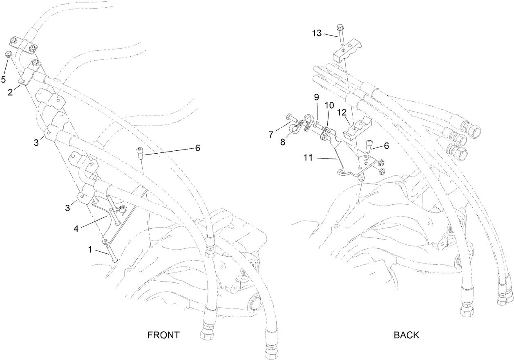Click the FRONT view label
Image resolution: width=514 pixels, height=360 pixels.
coord(163,335)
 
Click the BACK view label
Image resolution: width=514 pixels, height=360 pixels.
coord(406,335)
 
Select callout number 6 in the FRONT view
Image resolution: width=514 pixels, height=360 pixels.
coord(197,148)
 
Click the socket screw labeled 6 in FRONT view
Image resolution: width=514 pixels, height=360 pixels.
coord(140,153)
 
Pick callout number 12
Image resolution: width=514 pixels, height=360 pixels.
coord(342,112)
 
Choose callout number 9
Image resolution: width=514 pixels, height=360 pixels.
coord(316,97)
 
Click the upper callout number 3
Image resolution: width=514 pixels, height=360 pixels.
coord(37,142)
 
